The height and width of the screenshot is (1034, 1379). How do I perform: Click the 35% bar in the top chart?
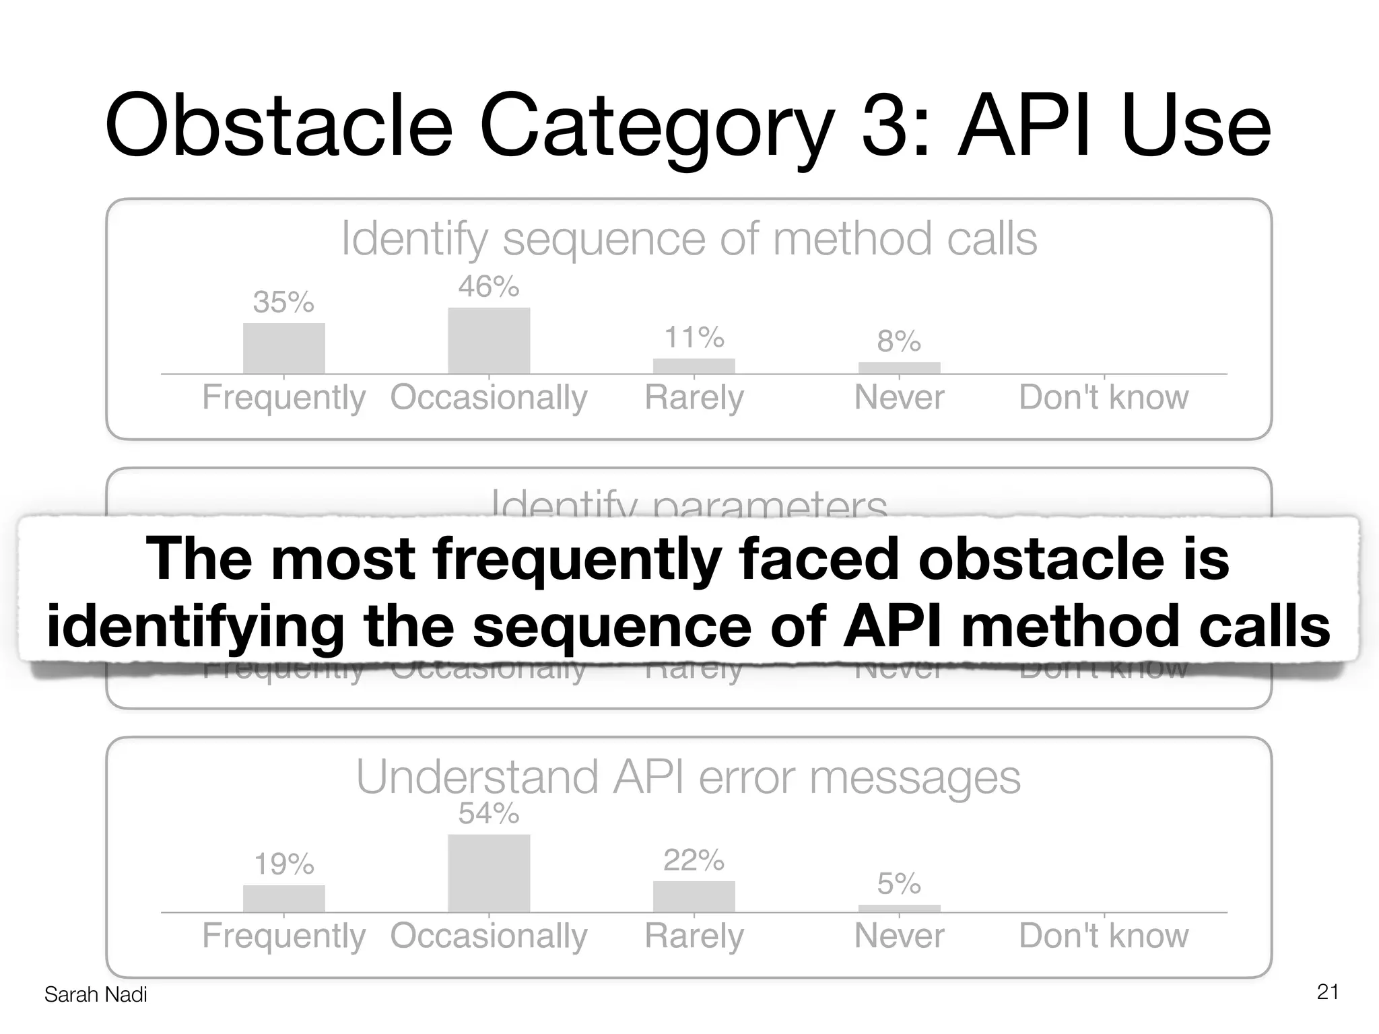(283, 348)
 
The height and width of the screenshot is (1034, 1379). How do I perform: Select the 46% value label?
(488, 287)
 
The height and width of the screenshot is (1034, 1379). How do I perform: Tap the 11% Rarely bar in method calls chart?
(694, 366)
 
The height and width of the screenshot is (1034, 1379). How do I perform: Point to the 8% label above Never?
(898, 342)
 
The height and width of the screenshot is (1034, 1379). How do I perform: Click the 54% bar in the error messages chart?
(488, 873)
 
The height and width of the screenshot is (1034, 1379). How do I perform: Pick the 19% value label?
(283, 864)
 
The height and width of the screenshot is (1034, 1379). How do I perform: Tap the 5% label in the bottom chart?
(898, 884)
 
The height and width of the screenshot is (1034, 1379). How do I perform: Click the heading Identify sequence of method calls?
(688, 239)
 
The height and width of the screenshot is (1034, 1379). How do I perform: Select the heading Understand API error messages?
(688, 778)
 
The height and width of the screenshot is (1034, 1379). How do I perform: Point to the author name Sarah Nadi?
(96, 994)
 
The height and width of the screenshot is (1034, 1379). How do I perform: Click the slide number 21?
(1327, 992)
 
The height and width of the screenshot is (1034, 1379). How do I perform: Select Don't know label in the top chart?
(1104, 397)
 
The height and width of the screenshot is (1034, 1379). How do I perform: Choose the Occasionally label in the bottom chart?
(488, 936)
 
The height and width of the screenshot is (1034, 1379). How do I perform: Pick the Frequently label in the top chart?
(283, 397)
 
